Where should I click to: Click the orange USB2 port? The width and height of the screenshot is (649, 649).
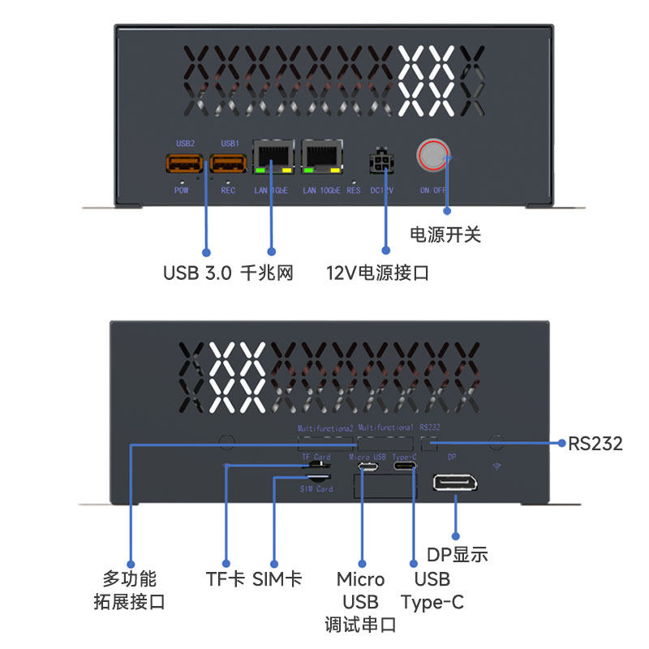pos(185,165)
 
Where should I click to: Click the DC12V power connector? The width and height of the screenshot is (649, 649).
pos(380,162)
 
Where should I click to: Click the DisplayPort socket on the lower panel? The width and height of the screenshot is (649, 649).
pos(455,484)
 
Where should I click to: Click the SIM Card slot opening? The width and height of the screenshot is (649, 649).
pos(315,478)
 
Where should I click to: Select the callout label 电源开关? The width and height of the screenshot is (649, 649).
pos(445,235)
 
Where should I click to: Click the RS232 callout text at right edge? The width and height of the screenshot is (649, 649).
pos(595,444)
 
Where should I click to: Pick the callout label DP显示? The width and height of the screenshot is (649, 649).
pos(458,555)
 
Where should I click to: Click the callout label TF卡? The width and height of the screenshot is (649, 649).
pos(226,579)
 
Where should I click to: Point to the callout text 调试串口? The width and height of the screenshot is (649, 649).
pos(360,625)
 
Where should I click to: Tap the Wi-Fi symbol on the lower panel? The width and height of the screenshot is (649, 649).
pos(496,466)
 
